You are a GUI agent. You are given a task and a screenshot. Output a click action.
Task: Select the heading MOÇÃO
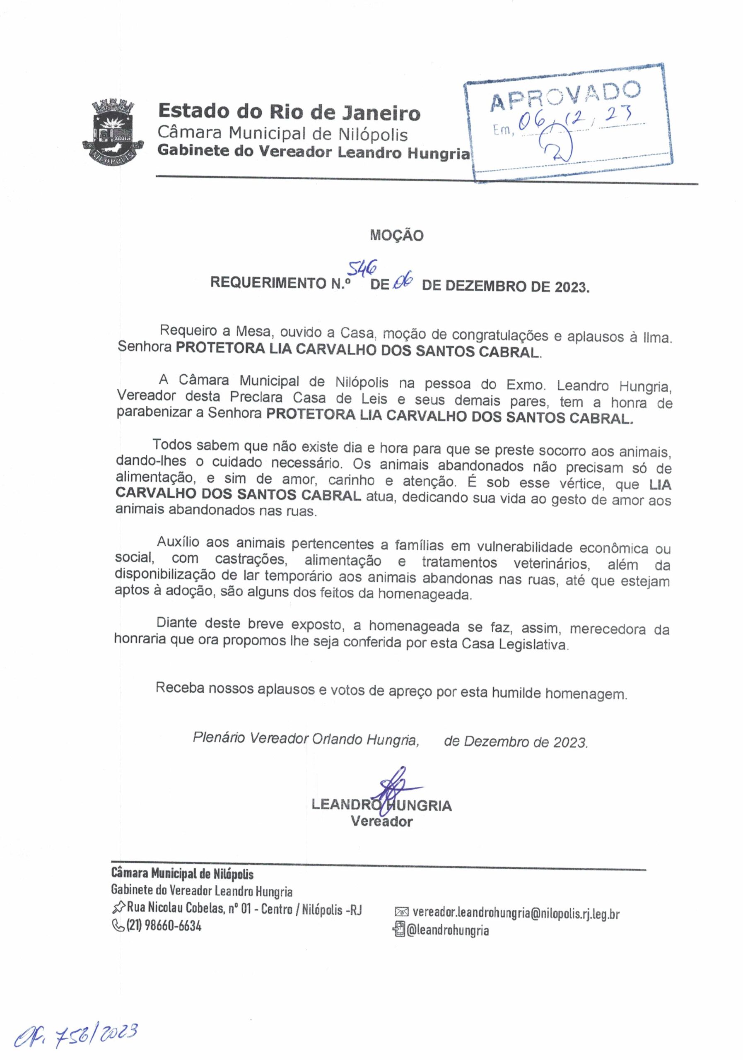[x=396, y=236]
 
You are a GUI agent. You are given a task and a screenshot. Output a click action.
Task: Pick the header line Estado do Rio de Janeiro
[x=289, y=112]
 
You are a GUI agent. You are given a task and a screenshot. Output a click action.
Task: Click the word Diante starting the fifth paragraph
[x=176, y=623]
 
